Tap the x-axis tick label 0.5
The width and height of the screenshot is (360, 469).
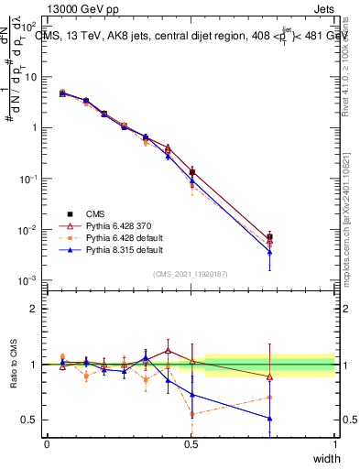point(191,444)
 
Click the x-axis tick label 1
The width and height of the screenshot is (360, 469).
point(334,444)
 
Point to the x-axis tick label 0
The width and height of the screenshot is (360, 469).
point(47,444)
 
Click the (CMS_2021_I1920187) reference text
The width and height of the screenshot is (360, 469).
point(191,274)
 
